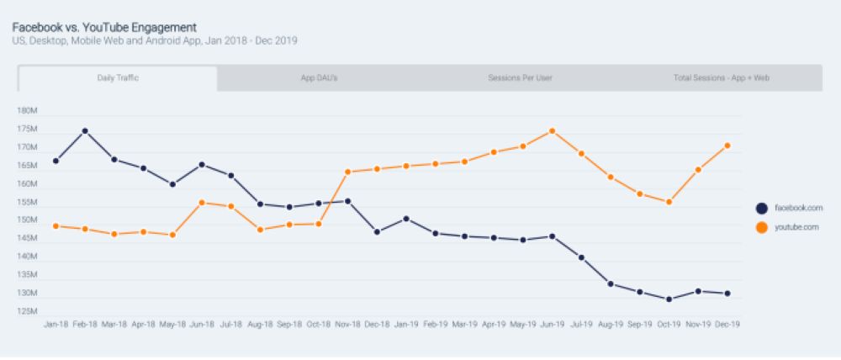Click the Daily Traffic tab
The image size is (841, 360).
(x=118, y=78)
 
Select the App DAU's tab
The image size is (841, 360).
(x=320, y=78)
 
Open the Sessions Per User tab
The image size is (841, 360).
(x=520, y=78)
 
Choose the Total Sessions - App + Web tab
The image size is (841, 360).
(x=722, y=78)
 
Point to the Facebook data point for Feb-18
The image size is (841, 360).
(x=85, y=131)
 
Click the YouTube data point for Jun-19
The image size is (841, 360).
(x=552, y=131)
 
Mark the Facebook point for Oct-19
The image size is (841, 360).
(x=669, y=299)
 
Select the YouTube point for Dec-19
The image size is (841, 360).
(x=727, y=146)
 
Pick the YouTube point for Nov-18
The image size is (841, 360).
(x=347, y=172)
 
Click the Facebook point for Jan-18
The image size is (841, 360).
(x=56, y=161)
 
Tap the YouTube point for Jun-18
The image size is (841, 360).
(x=202, y=203)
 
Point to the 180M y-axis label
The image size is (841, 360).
(x=28, y=111)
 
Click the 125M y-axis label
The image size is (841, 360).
(x=28, y=312)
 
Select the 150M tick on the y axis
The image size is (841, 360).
(x=28, y=220)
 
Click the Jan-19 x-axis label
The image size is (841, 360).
(x=405, y=324)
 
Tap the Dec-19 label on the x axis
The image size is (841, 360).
(x=727, y=324)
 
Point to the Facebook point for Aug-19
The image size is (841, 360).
(x=610, y=283)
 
